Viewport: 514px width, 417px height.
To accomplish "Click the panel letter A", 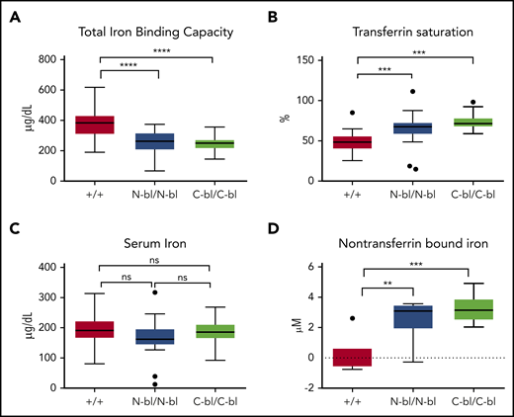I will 11,13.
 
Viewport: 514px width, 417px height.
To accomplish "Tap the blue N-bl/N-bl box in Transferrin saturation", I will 370,128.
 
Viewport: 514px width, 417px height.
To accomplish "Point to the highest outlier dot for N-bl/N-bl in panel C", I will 154,292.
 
